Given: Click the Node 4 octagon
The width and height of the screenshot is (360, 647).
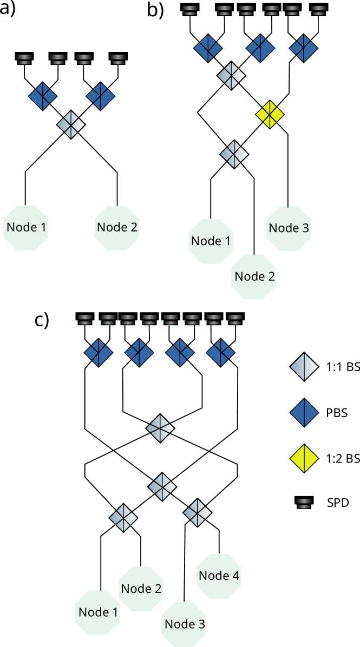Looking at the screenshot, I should [218, 576].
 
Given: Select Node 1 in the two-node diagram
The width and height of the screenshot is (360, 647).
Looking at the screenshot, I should [25, 228].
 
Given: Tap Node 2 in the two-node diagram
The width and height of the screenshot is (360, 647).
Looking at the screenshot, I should [116, 228].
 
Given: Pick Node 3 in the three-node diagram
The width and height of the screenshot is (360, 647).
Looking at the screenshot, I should [289, 228].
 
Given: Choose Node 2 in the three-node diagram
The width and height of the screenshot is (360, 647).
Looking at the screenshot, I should [254, 277].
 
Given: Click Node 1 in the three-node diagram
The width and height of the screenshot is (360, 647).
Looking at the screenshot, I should [211, 241].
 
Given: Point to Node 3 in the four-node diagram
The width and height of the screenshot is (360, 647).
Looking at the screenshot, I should [184, 624].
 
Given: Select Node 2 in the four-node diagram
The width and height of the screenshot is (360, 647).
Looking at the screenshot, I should [141, 589].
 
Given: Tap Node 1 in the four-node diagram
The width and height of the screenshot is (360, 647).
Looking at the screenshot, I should [97, 612].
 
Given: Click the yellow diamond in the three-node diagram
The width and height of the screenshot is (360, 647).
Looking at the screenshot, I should [270, 115].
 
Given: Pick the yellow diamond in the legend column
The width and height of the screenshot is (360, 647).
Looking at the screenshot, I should [304, 459].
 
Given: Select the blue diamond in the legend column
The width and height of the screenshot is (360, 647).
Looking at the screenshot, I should [304, 413].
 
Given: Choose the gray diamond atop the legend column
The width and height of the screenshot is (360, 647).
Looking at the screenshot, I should [304, 367].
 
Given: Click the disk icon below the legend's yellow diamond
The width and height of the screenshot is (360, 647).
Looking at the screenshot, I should [304, 504].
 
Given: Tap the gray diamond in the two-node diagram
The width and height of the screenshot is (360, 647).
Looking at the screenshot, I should [71, 124].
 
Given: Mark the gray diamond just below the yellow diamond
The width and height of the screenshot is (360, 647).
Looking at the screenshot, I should [234, 154].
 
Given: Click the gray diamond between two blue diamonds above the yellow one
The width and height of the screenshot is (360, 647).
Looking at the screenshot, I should [231, 76].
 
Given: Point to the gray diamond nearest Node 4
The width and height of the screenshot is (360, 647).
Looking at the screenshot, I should [197, 512].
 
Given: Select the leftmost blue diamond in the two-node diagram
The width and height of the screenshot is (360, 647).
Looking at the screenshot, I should [43, 96].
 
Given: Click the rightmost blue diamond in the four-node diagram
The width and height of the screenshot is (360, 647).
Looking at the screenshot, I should [220, 353].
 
